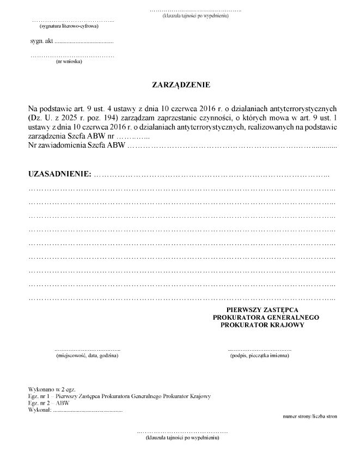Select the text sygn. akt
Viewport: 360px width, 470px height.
[41, 41]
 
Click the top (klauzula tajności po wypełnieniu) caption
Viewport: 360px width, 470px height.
[195, 15]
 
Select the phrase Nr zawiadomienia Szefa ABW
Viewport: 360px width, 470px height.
[76, 146]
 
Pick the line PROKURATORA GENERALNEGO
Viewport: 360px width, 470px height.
[266, 317]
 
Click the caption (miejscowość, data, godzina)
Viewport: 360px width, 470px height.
[87, 355]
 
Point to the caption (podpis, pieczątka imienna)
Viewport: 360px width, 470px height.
[260, 355]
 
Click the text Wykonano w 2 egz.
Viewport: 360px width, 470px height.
[50, 389]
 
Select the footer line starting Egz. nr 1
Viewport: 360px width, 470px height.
[119, 396]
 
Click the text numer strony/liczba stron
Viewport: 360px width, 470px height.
[310, 417]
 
